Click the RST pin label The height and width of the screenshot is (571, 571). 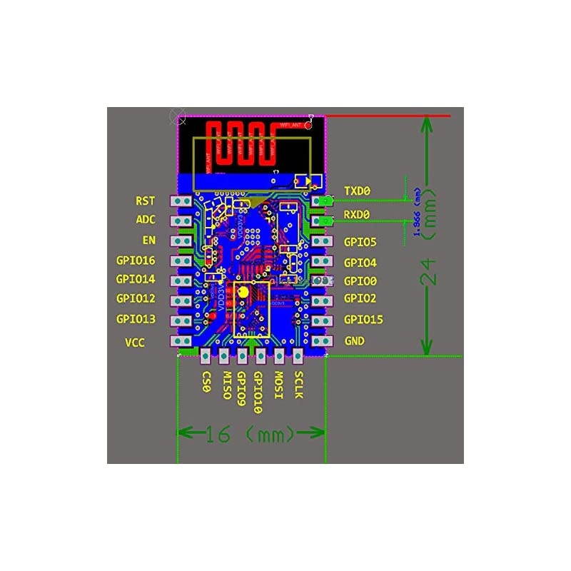point(146,201)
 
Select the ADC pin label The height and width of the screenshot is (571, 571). point(146,220)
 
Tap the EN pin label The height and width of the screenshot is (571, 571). point(149,241)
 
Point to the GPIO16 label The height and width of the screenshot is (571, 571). point(136,261)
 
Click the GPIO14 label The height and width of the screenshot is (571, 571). point(136,279)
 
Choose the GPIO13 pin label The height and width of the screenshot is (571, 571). point(136,319)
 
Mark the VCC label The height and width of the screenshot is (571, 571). point(135,343)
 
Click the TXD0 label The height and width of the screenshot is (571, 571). point(357,191)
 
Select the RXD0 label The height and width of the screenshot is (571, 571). point(357,214)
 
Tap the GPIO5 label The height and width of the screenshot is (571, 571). point(360,242)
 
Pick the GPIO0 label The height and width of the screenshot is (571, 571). point(360,281)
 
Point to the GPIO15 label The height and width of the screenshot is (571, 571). point(363,319)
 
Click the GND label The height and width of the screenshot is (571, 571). point(354,342)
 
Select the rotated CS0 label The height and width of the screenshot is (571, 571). point(206,382)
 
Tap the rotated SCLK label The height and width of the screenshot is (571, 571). point(298,385)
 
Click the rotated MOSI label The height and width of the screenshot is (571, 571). point(279,385)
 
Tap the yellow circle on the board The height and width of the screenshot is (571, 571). point(243,291)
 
